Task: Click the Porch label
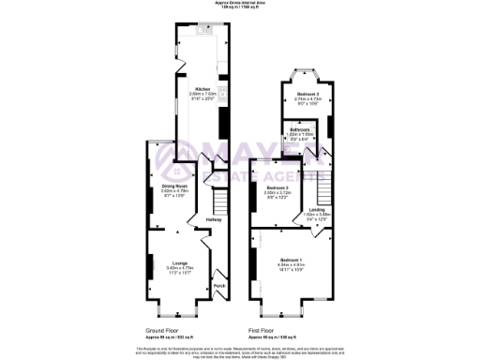(x=219, y=285)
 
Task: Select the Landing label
(x=317, y=210)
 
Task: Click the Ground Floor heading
(x=163, y=330)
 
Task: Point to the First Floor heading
(x=267, y=330)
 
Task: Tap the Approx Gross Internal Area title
(x=240, y=3)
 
